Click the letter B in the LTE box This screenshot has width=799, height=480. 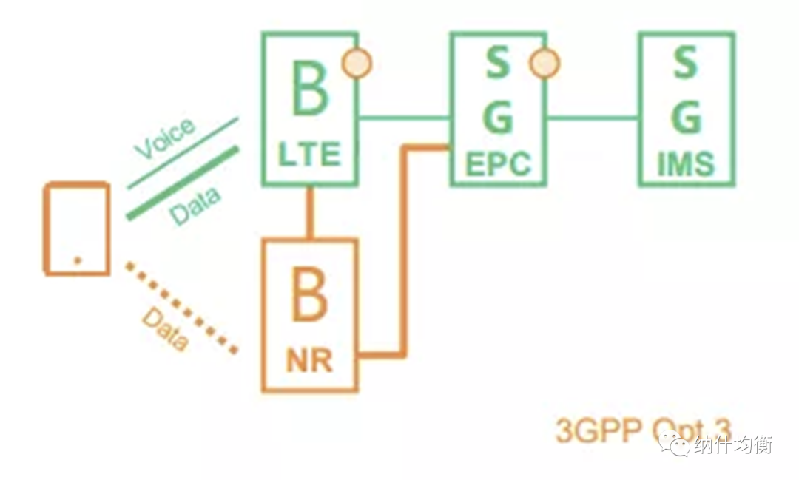[309, 91]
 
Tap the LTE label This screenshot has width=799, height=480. [309, 155]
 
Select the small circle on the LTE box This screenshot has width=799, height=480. [356, 64]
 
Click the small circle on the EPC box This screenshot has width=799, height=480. [545, 64]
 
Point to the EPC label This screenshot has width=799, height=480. [499, 164]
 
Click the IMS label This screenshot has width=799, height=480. [687, 164]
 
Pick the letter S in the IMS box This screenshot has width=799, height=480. [686, 64]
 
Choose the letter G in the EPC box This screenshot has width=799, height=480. [498, 117]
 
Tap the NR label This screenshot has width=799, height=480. [309, 362]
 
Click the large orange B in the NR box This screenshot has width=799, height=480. [309, 296]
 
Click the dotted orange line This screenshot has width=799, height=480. [181, 307]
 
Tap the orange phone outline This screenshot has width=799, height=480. [77, 229]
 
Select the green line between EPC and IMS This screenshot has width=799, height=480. [592, 117]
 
